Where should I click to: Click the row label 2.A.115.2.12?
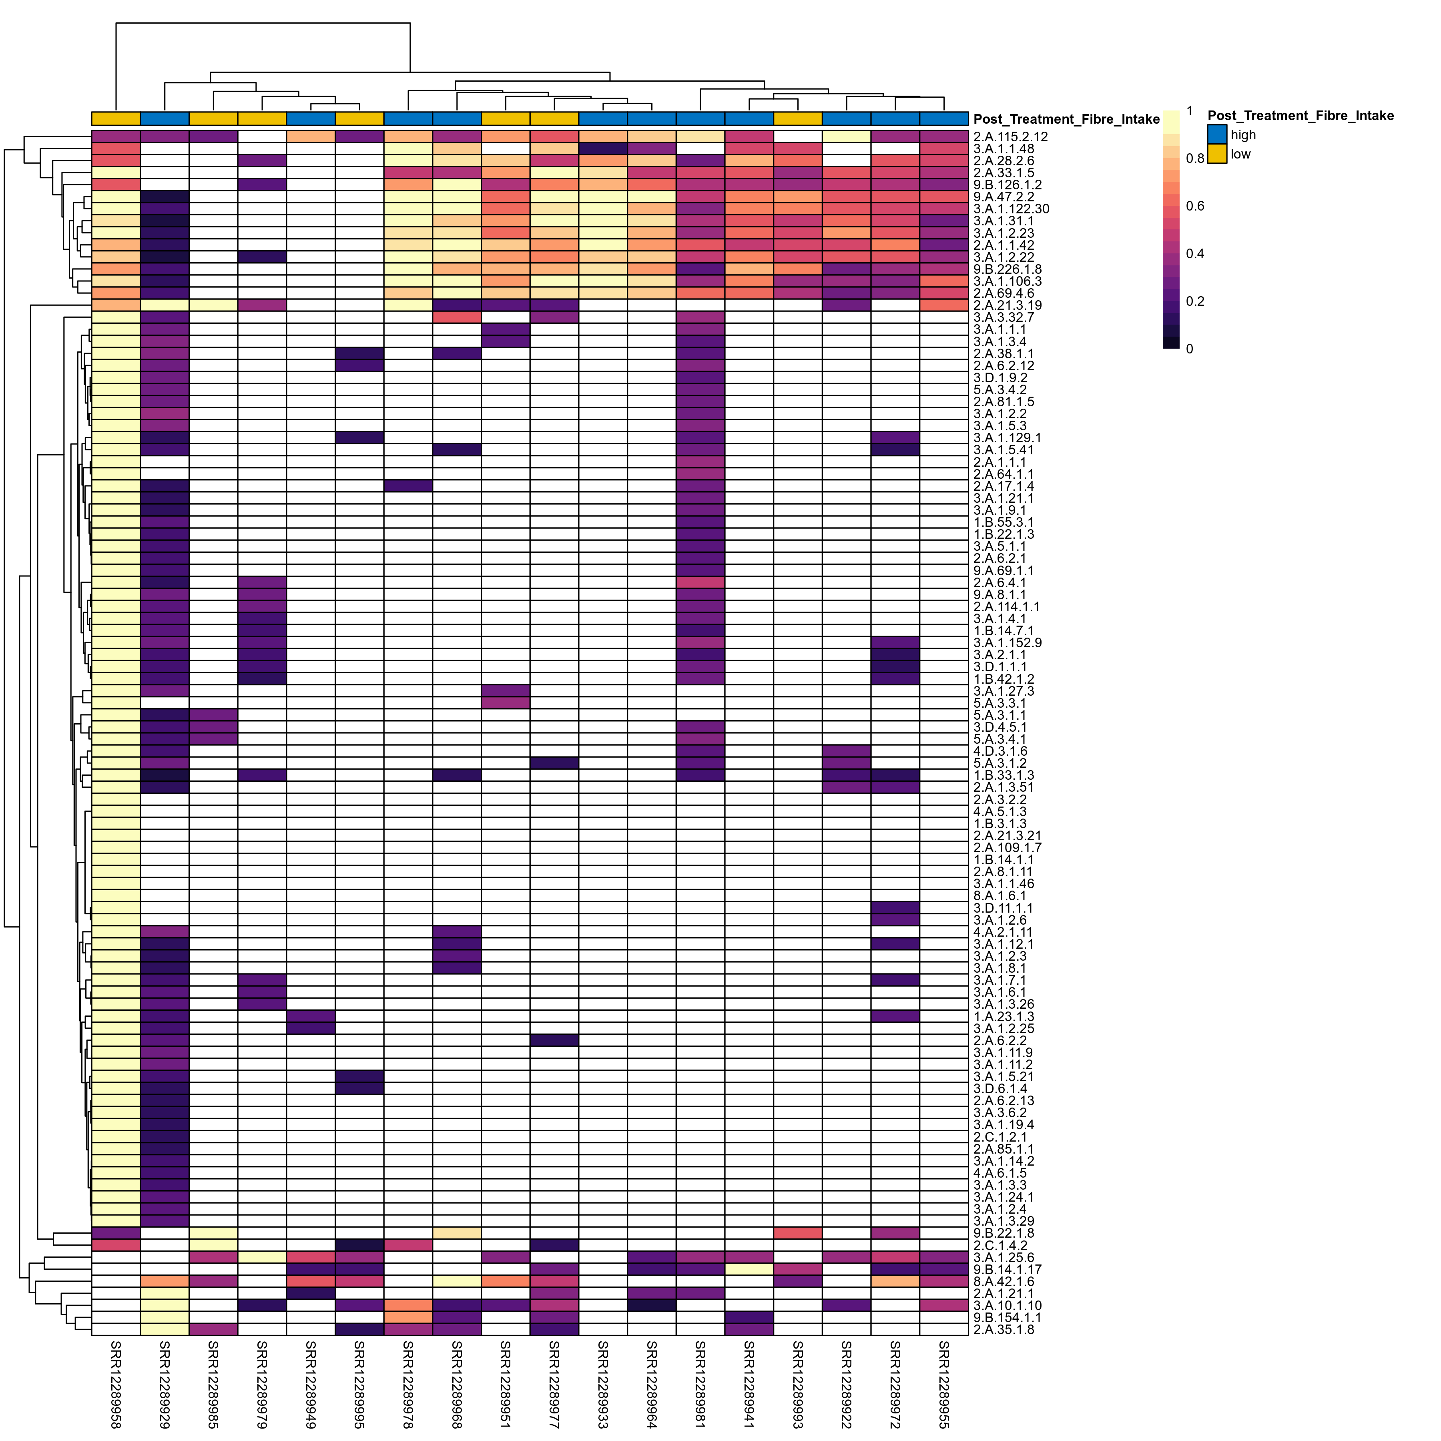[1010, 137]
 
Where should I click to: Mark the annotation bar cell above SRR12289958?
[116, 118]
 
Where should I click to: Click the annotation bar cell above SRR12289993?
[797, 118]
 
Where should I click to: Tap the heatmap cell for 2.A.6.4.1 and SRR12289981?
[700, 582]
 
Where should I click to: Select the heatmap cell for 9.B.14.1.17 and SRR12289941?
[749, 1269]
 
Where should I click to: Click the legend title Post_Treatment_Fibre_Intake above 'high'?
[1300, 116]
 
